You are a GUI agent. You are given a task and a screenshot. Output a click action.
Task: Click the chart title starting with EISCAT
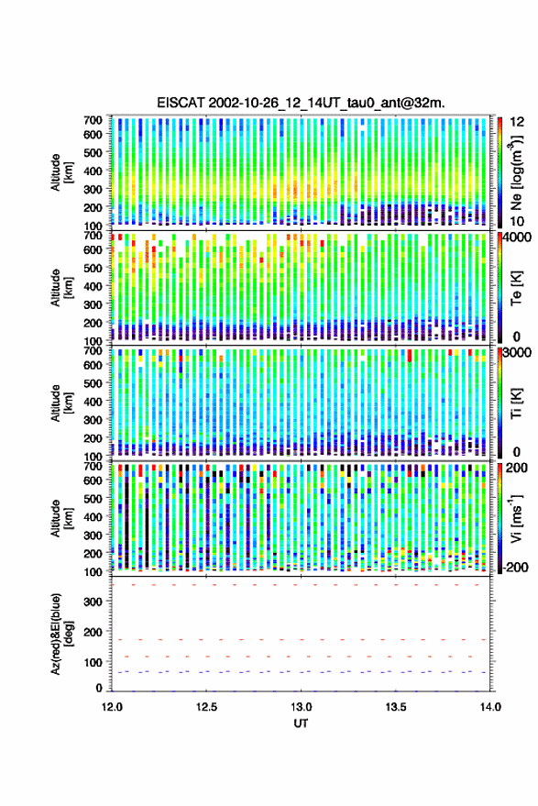[x=301, y=103]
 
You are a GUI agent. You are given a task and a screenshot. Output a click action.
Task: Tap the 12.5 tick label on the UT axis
[x=206, y=707]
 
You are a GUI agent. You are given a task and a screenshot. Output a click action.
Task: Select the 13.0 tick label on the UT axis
[x=302, y=707]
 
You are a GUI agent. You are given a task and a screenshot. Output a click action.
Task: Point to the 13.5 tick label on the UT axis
[x=396, y=707]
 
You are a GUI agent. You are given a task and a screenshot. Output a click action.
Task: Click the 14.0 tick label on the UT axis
[x=490, y=707]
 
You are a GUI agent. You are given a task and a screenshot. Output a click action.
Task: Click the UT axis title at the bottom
[x=301, y=723]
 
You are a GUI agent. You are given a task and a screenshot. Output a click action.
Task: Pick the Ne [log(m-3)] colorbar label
[x=516, y=172]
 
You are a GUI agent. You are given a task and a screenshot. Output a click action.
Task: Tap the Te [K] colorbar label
[x=516, y=288]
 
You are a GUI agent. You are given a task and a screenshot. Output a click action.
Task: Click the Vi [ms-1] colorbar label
[x=516, y=518]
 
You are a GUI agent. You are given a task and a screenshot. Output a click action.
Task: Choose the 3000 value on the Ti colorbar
[x=518, y=353]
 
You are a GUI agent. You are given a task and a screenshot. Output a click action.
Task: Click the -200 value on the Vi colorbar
[x=515, y=567]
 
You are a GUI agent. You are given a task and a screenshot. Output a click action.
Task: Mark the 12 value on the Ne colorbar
[x=518, y=122]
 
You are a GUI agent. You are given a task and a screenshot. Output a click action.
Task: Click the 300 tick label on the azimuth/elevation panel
[x=93, y=602]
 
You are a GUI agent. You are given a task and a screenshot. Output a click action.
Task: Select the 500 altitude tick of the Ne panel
[x=93, y=152]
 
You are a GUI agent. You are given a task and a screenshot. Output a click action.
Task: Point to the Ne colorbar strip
[x=500, y=172]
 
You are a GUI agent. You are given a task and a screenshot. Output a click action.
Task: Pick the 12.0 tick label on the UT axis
[x=112, y=707]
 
